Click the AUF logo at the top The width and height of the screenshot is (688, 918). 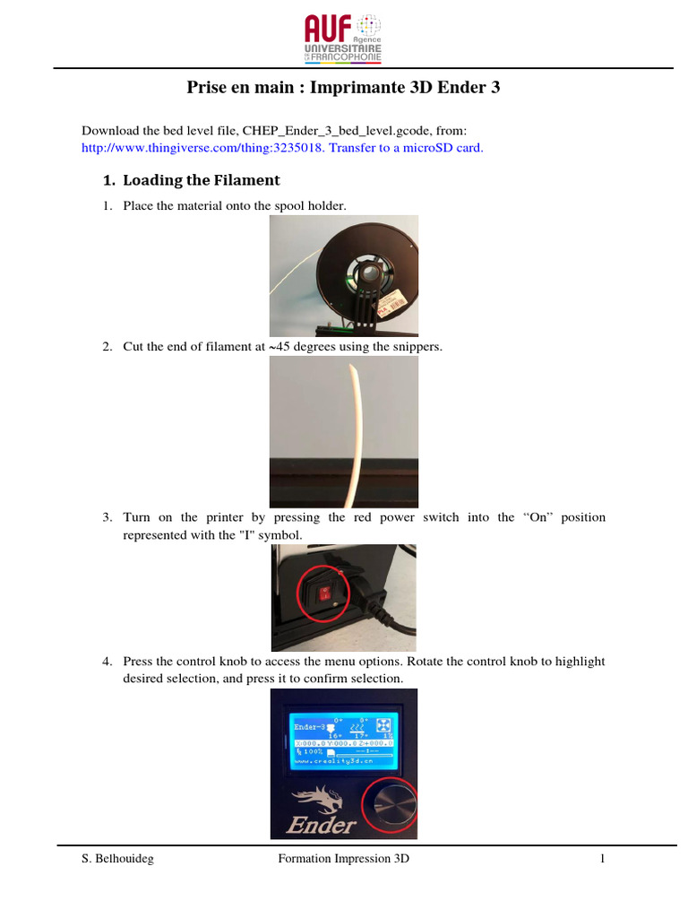click(344, 38)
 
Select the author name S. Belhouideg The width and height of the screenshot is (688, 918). click(116, 859)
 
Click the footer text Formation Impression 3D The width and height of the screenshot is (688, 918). click(344, 859)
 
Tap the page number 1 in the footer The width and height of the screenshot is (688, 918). click(603, 859)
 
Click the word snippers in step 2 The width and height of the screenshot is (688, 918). click(418, 346)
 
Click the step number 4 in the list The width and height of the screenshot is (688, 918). click(106, 662)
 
